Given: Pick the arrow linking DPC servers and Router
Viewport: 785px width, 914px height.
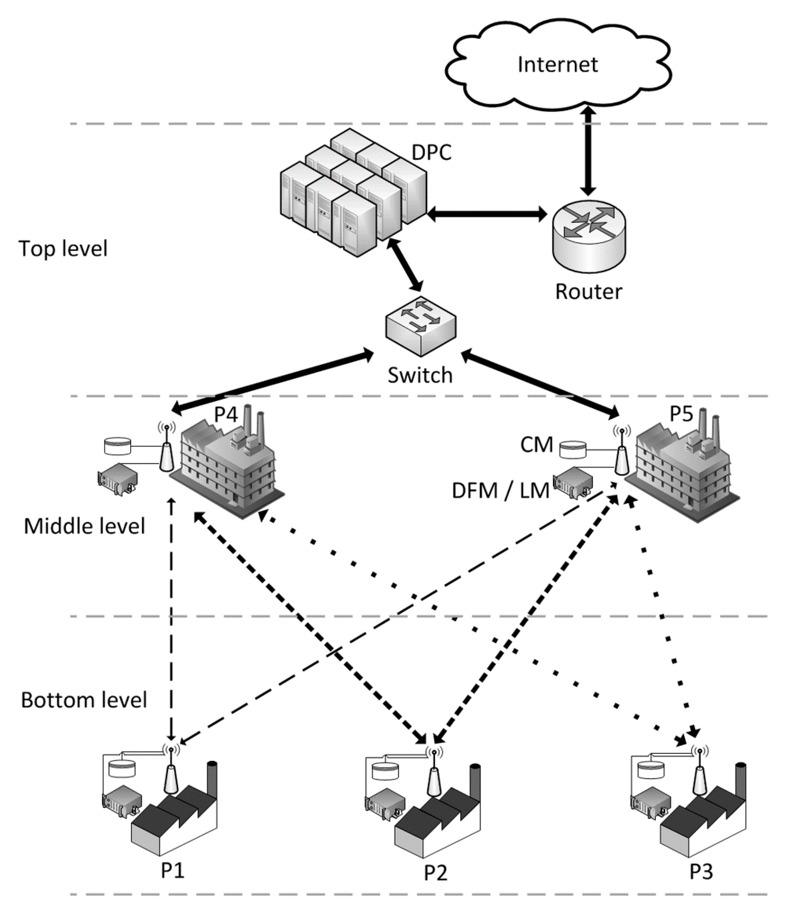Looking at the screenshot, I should (487, 215).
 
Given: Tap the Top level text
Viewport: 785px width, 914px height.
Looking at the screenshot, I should (63, 248).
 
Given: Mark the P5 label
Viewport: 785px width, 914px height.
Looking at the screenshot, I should (681, 414).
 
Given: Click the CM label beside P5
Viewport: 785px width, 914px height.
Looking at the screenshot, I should (536, 445).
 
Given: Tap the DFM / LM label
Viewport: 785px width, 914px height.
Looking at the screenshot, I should (500, 491).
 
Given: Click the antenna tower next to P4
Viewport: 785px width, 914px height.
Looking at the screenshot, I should (167, 454).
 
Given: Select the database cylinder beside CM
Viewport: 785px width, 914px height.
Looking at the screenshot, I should (573, 450).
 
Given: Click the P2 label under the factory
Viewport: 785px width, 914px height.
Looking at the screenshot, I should (435, 872).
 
